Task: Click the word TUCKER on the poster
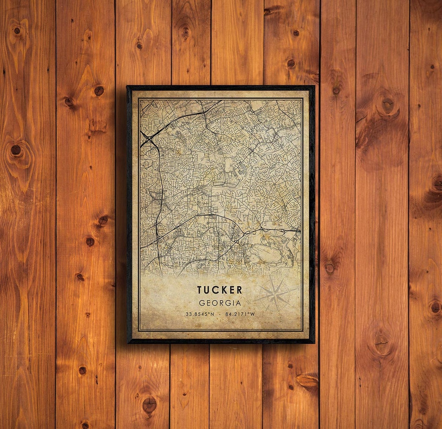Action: [x=219, y=290]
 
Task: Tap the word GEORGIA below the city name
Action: [x=219, y=303]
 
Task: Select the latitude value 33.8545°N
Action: [x=199, y=314]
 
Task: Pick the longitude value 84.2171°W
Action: [x=240, y=314]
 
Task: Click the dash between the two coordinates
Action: [x=220, y=314]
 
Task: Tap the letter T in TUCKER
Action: [x=200, y=290]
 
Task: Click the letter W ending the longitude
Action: [x=252, y=314]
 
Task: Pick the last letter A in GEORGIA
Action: [x=238, y=303]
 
